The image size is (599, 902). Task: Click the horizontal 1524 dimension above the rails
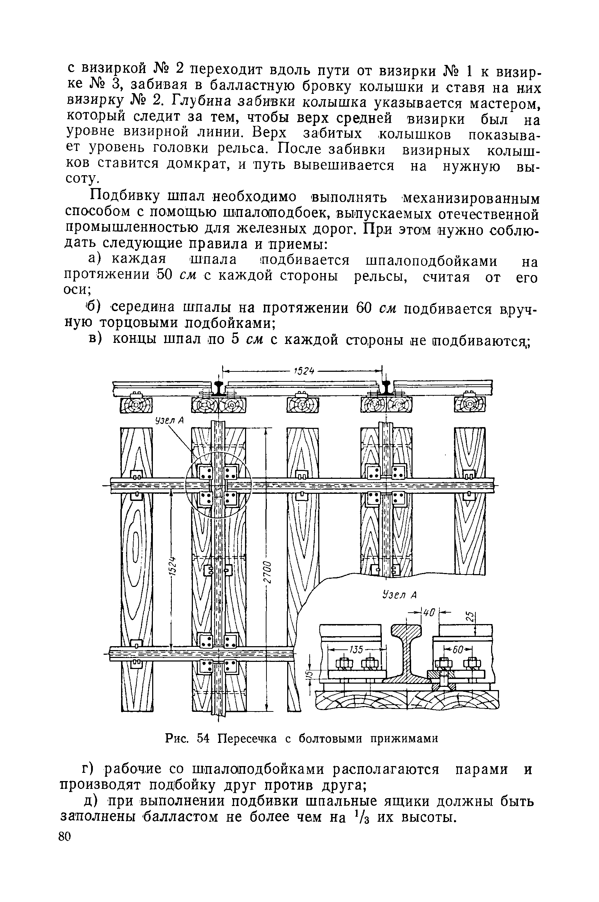304,372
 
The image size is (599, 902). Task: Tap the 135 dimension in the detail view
357,649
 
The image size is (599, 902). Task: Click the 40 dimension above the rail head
430,613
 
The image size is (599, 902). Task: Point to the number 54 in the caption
204,739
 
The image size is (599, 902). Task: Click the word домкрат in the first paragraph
196,164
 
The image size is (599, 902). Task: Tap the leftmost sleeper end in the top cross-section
136,405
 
